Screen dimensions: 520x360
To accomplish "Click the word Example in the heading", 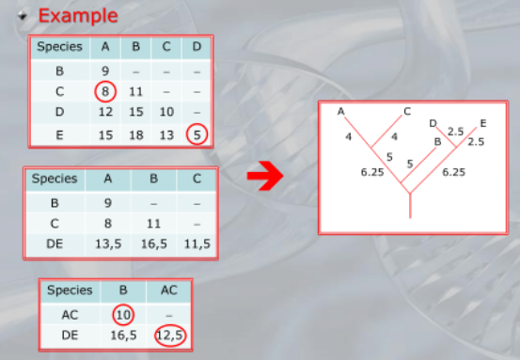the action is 78,16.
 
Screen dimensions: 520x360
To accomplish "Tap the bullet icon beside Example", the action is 23,15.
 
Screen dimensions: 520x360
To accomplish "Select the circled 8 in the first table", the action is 105,91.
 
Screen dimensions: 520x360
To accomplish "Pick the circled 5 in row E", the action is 197,134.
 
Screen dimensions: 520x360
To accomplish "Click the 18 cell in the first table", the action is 136,135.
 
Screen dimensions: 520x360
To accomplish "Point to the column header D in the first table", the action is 197,46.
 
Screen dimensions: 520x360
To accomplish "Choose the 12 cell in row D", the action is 105,112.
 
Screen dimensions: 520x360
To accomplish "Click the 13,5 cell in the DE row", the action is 108,244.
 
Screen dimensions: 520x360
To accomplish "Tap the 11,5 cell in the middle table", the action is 197,244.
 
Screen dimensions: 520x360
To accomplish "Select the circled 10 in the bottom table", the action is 123,314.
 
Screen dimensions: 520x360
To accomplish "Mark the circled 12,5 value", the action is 170,336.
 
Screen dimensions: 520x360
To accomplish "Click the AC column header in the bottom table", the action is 169,290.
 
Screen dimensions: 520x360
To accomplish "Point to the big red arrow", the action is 265,176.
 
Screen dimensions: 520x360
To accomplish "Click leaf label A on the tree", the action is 340,111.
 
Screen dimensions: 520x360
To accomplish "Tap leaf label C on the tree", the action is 407,111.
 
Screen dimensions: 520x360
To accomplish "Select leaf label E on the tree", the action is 483,124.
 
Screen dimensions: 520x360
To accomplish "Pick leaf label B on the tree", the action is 438,142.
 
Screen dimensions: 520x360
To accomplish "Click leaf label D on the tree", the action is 433,124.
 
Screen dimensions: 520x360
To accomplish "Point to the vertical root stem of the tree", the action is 410,206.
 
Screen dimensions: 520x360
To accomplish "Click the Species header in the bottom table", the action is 70,290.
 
